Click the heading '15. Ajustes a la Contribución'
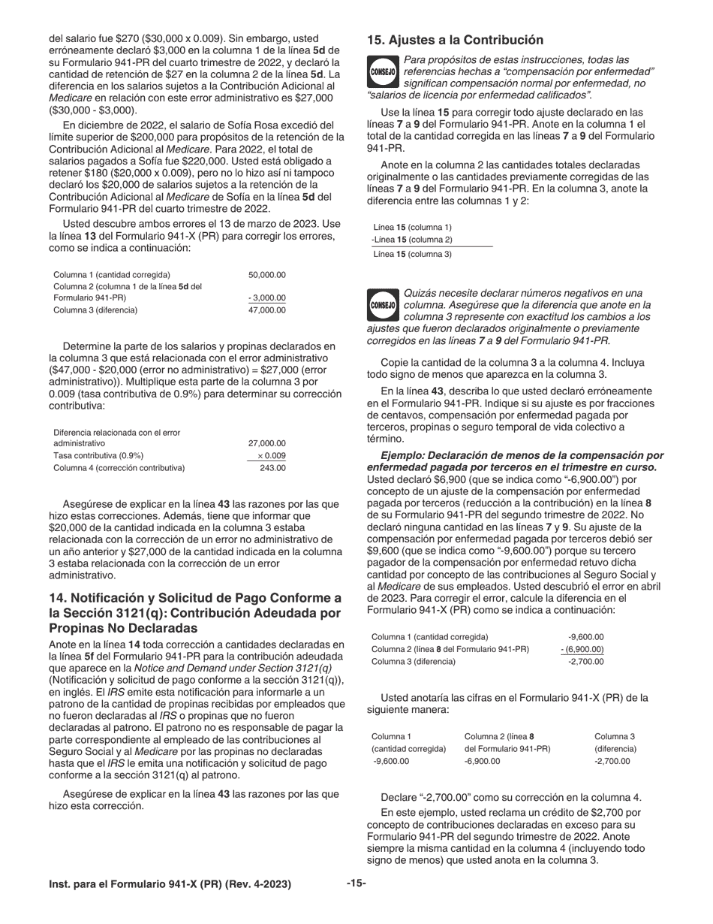[455, 40]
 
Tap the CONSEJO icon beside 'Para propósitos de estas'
[383, 71]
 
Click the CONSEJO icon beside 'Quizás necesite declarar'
[383, 305]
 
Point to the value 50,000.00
[266, 275]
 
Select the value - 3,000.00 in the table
[266, 298]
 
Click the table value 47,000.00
[266, 310]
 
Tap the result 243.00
[272, 468]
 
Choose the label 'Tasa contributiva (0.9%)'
[98, 456]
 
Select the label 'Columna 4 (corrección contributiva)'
[119, 468]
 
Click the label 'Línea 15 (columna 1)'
[412, 228]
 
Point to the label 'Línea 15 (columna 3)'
[412, 254]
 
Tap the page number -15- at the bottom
[356, 883]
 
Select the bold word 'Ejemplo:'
[405, 456]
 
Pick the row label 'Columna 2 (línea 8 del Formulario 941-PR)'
[450, 649]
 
